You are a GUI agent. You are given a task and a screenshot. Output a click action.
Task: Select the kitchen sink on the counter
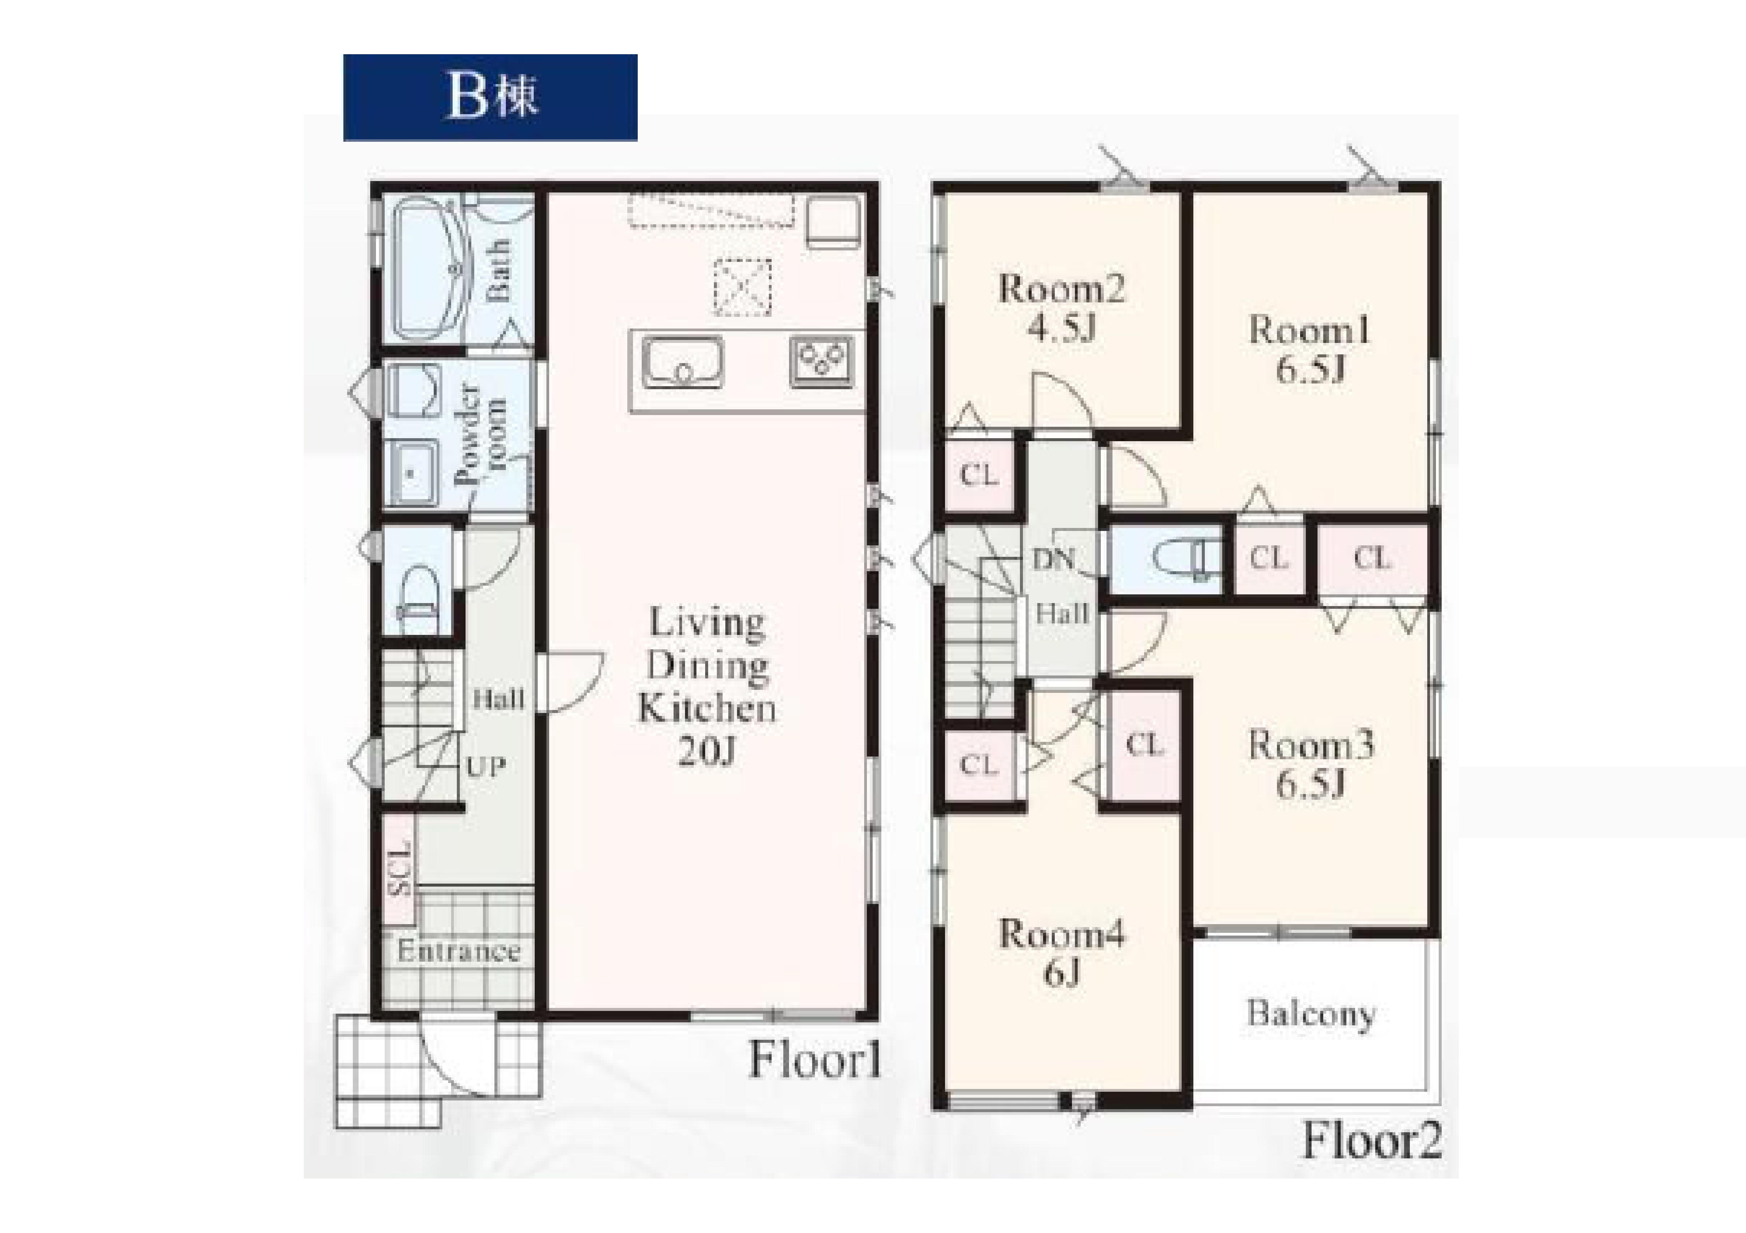[682, 363]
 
